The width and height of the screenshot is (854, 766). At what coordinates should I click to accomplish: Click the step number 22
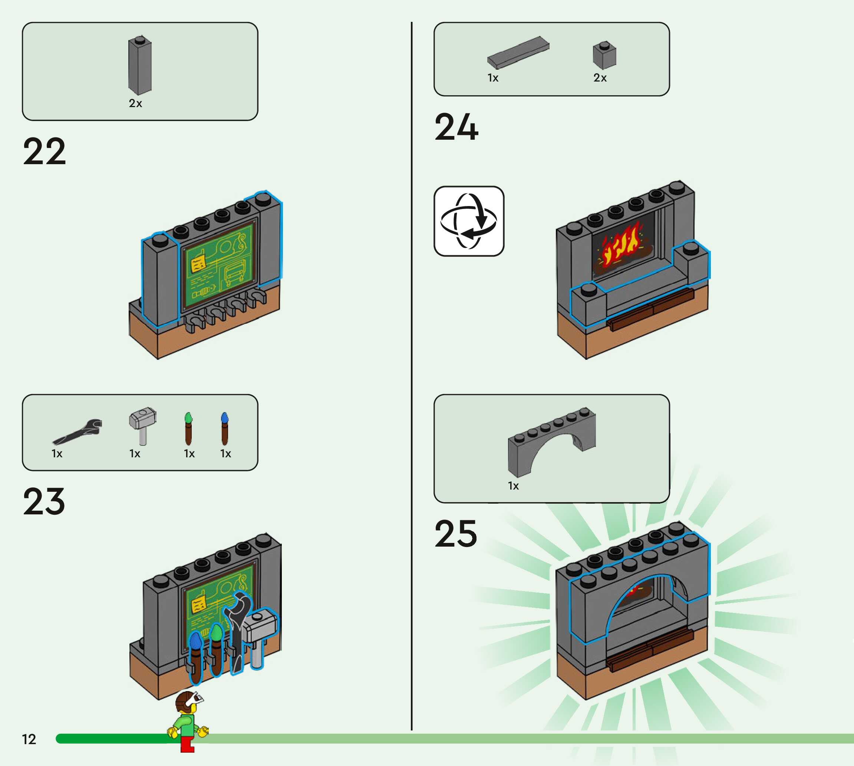coord(44,152)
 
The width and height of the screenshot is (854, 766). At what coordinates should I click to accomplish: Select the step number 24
coord(456,127)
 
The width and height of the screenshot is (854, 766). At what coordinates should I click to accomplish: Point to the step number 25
coord(456,534)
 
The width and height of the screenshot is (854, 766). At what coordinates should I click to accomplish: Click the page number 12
coord(29,739)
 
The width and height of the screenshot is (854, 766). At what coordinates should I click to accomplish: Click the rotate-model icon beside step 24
coord(469,221)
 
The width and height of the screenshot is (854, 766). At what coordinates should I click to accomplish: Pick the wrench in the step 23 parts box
coord(78,432)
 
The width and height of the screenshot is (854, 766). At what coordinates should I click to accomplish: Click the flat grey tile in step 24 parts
coord(518,52)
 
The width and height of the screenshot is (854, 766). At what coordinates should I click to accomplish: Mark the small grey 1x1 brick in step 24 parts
coord(604,55)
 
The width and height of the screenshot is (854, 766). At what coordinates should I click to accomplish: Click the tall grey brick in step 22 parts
coord(140,65)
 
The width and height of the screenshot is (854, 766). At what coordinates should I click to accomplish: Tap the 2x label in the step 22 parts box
coord(135,103)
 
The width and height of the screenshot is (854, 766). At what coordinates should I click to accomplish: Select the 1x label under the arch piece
coord(513,486)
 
